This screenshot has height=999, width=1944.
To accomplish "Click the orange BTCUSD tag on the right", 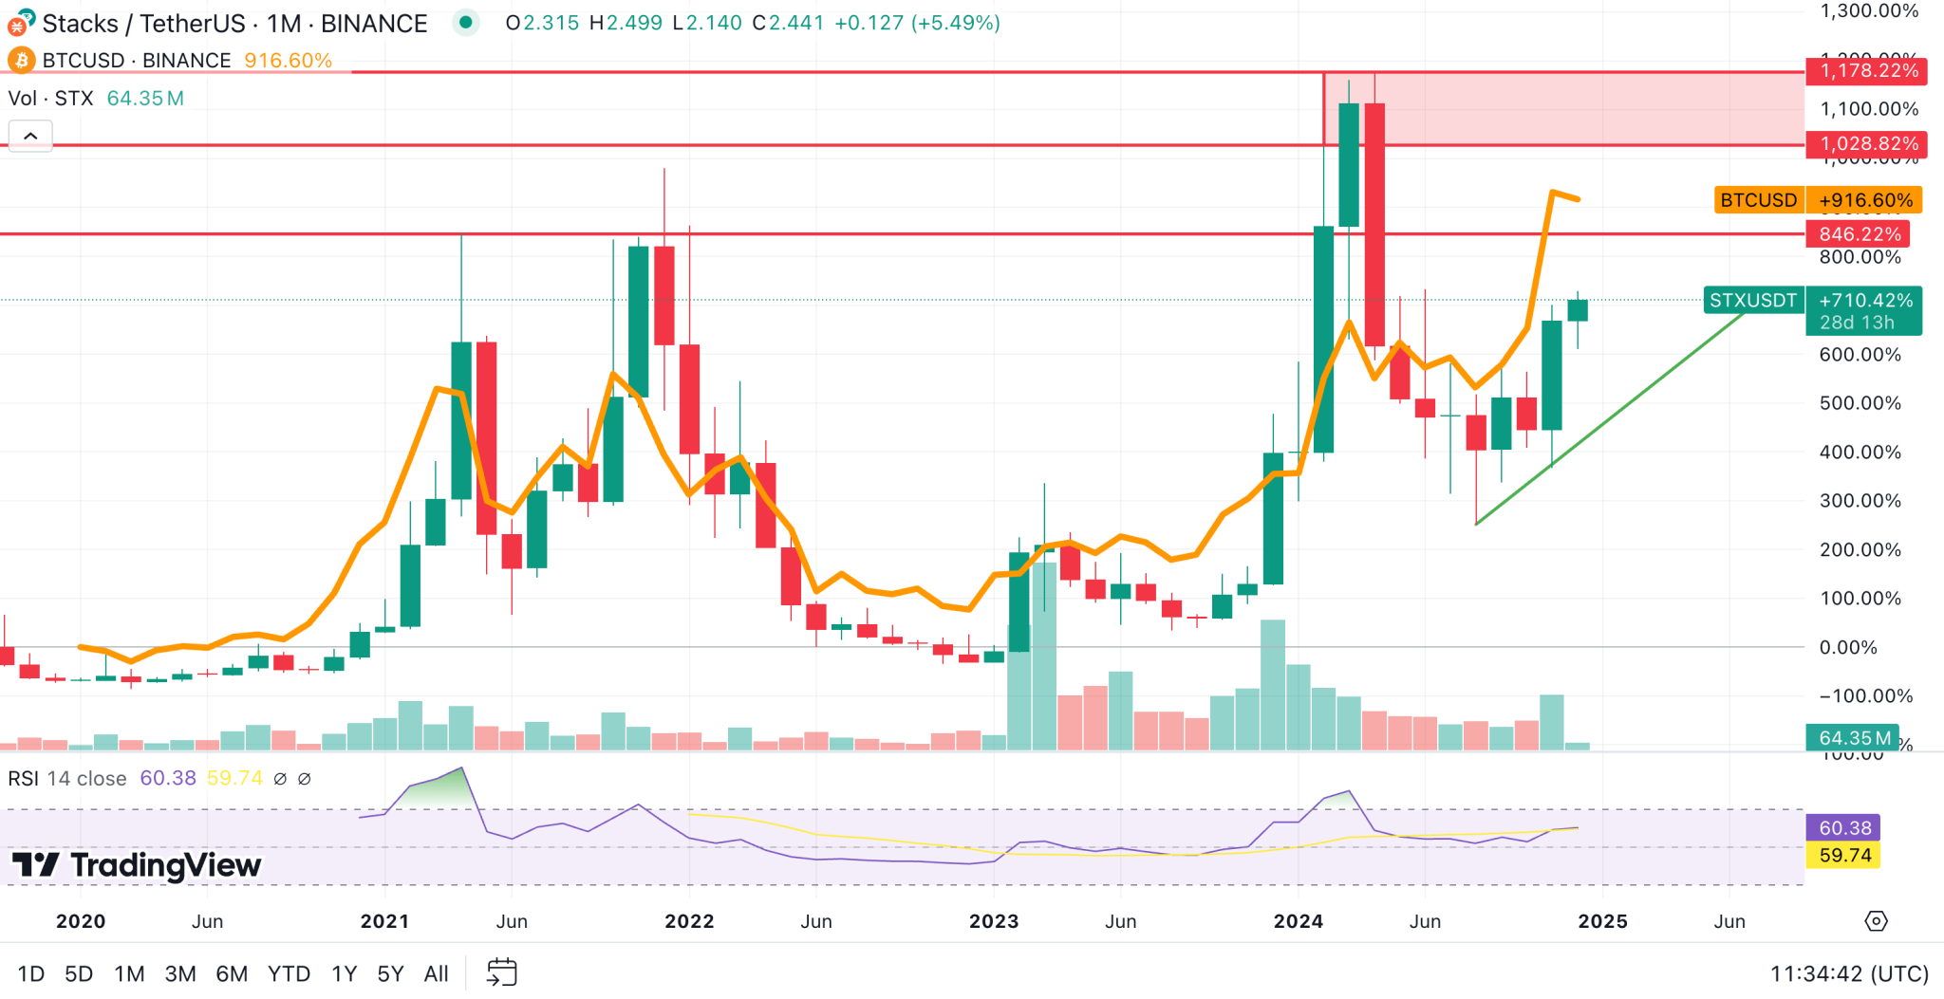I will click(1758, 200).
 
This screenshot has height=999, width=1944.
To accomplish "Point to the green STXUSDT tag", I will click(1752, 301).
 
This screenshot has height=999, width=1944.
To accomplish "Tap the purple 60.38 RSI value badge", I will click(1844, 828).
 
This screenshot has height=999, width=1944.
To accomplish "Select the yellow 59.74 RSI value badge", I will click(1844, 856).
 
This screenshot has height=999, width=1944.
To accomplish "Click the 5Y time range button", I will click(390, 973).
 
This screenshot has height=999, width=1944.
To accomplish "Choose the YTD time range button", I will click(289, 973).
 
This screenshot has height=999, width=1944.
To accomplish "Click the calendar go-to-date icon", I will click(501, 972).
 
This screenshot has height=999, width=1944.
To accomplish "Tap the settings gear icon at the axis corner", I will click(1876, 921).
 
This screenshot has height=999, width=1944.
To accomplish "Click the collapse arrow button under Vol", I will click(30, 137).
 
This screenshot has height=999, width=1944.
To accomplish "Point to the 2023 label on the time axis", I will click(993, 921).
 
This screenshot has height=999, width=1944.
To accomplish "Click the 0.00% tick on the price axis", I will click(1847, 648).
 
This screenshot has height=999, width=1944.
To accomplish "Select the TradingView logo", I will click(137, 865).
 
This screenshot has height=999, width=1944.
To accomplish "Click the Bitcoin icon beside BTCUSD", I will click(21, 61).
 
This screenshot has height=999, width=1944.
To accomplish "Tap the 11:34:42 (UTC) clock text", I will click(1849, 973).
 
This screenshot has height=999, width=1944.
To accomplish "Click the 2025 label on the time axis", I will click(1602, 921).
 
